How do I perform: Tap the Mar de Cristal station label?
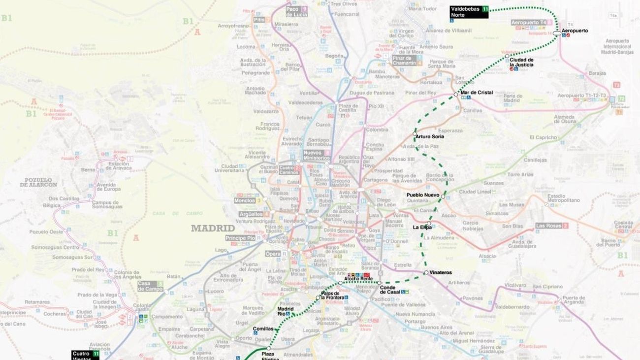476,93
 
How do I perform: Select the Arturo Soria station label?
430,136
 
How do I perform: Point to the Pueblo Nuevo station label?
423,195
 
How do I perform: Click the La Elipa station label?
422,227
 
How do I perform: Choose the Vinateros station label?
440,272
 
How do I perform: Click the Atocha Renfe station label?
358,279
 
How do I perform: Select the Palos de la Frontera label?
333,295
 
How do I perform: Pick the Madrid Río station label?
286,311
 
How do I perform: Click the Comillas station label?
262,328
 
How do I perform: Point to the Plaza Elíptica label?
270,356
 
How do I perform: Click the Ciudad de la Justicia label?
521,62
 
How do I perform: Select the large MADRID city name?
213,228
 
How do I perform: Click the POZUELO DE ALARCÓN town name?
38,182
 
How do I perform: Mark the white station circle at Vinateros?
426,272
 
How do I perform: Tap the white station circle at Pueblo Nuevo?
443,196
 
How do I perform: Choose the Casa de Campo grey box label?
150,286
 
